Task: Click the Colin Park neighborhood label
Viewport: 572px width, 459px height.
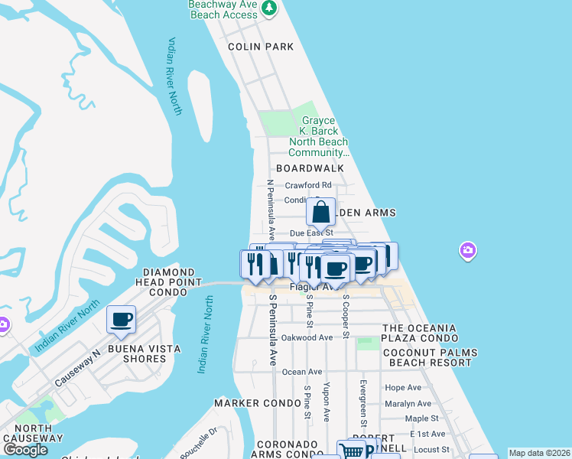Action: pos(261,47)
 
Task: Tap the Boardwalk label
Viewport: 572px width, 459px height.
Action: pos(310,168)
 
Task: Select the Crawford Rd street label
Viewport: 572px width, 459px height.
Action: pos(308,185)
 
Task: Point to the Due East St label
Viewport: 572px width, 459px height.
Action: pos(311,233)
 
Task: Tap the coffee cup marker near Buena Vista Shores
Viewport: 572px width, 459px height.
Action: pos(121,319)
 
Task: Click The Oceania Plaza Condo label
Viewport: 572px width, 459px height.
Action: pos(419,334)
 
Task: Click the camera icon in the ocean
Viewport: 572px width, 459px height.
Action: pos(468,250)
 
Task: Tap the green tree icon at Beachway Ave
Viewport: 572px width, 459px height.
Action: pos(268,8)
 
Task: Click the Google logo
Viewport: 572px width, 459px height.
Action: pos(26,449)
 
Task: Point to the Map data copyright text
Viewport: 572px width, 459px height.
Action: pos(540,453)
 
